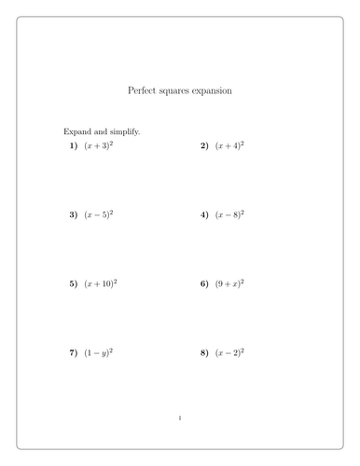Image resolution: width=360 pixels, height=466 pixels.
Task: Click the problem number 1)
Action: (74, 146)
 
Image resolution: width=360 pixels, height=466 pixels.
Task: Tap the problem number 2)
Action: (204, 146)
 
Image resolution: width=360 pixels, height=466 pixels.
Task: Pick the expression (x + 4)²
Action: (229, 146)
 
